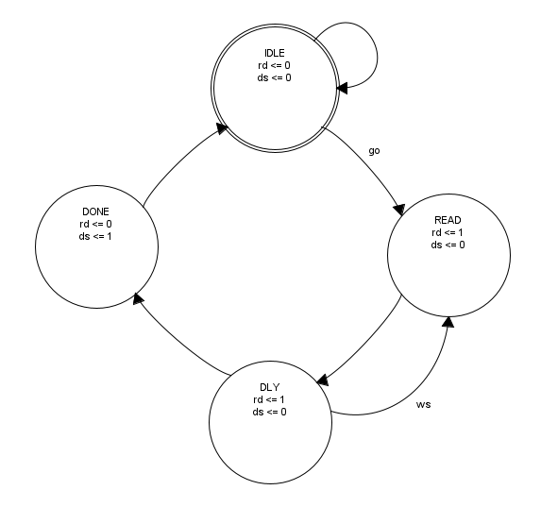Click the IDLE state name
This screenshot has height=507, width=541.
click(275, 53)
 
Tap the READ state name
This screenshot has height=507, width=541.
click(448, 220)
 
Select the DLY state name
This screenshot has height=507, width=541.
click(270, 387)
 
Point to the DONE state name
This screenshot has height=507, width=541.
click(95, 211)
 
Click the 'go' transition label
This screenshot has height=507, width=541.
click(374, 151)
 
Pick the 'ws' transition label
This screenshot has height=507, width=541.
click(423, 404)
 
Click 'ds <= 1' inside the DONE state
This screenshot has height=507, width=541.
click(95, 236)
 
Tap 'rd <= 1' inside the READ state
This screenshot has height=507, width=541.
click(448, 232)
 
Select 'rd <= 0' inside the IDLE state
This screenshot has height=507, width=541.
click(274, 65)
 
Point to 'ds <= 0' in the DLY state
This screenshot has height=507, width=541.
click(269, 412)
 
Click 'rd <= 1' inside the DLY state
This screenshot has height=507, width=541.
click(269, 399)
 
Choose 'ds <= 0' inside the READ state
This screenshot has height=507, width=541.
click(448, 245)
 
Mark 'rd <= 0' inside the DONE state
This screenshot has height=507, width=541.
click(95, 224)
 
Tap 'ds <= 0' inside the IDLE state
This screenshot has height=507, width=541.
click(274, 77)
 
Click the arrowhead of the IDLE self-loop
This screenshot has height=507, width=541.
click(343, 89)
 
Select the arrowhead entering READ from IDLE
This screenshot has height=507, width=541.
click(399, 210)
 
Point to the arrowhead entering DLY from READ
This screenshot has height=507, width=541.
click(322, 380)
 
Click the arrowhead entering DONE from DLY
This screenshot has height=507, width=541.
click(139, 298)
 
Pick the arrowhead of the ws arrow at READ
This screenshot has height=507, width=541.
click(448, 322)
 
